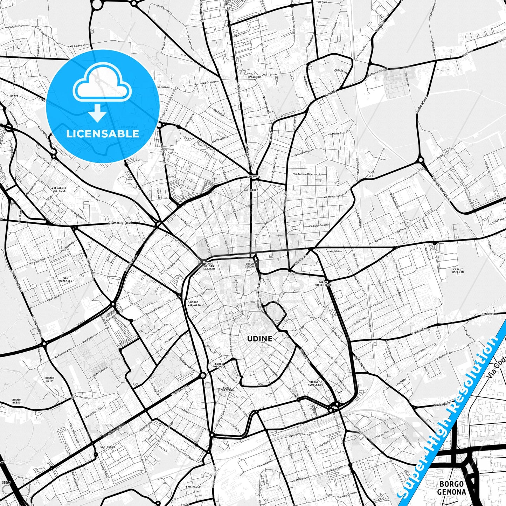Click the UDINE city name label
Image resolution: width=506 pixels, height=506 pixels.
259,339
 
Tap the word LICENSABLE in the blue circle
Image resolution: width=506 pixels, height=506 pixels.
103,134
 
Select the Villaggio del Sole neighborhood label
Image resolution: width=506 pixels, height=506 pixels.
59,189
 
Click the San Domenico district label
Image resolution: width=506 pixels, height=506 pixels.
65,279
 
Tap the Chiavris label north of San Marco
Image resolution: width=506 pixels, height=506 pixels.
254,177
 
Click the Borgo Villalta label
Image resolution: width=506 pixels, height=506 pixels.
194,303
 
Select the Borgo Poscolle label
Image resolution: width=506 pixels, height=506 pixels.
219,365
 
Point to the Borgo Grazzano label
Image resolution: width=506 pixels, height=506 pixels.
228,389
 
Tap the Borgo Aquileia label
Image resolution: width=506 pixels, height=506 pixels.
314,383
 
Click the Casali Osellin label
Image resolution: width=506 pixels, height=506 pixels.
458,271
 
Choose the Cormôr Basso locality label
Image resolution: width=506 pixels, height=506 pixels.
16,401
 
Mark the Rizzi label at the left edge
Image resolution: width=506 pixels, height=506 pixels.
14,96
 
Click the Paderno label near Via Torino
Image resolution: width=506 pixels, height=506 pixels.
255,77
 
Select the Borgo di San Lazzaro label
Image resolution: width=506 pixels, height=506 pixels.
209,266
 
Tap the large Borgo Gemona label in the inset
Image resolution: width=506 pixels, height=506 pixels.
451,488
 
